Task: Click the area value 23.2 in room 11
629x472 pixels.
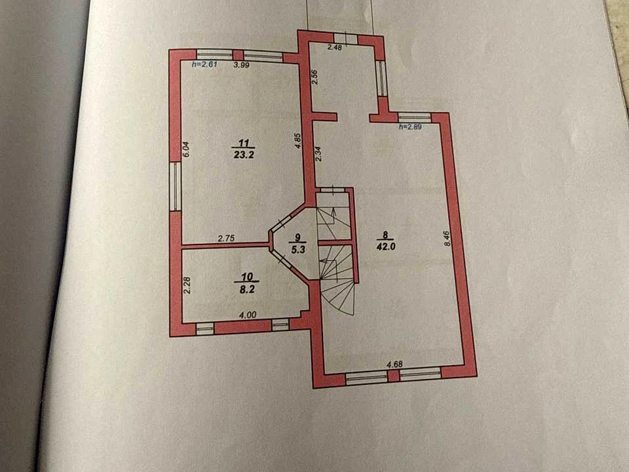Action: pos(244,155)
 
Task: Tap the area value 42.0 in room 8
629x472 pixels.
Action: pos(386,246)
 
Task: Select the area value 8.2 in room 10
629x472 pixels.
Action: pos(247,289)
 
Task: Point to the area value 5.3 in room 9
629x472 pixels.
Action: pos(298,249)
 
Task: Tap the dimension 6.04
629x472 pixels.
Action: pos(185,149)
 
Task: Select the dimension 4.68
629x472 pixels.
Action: pos(394,364)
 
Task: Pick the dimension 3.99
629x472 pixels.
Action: pos(242,65)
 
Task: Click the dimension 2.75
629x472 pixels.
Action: pos(226,238)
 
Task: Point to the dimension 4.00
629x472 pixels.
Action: pos(248,315)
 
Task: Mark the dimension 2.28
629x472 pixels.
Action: pos(187,286)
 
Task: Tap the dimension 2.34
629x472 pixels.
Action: pos(318,153)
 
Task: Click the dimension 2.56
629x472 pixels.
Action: pos(315,77)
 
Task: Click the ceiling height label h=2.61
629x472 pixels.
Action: pos(204,64)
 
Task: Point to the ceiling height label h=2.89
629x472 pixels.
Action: pos(409,127)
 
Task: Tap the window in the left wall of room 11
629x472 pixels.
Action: pos(175,186)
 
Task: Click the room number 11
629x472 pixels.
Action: pos(244,144)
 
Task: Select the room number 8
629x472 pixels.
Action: pos(385,235)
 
